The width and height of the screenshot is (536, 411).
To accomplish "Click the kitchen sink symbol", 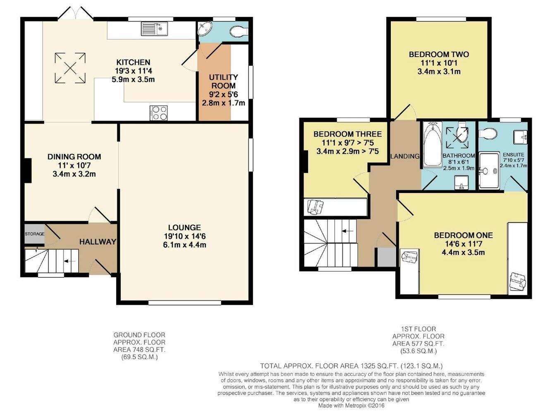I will point(153,29).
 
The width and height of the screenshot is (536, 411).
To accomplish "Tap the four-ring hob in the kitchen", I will point(159,112).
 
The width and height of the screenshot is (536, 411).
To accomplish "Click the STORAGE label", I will point(34,234).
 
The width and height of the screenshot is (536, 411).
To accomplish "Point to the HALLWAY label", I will point(98,242).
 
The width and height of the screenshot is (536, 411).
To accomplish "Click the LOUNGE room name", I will point(184,227).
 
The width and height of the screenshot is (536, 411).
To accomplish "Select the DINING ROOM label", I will point(74,157).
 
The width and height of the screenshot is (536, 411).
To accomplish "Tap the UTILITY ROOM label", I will point(223,81).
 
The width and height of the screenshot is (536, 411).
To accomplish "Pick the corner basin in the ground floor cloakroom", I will point(205,29).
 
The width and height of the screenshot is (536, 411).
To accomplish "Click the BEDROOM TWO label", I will point(439,54).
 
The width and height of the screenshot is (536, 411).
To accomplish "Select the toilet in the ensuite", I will point(488,134).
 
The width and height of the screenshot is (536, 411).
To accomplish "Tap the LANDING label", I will point(405,156).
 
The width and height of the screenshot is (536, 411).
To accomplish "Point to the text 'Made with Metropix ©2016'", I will point(352,406).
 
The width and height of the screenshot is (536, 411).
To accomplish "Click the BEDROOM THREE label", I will point(347,134).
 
